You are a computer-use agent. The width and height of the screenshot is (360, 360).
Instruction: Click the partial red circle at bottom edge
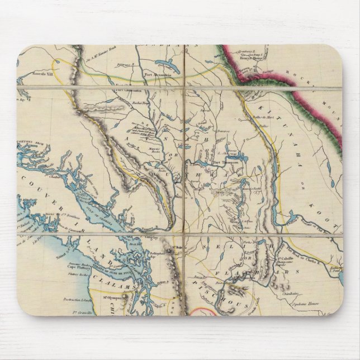click(x=201, y=311)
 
